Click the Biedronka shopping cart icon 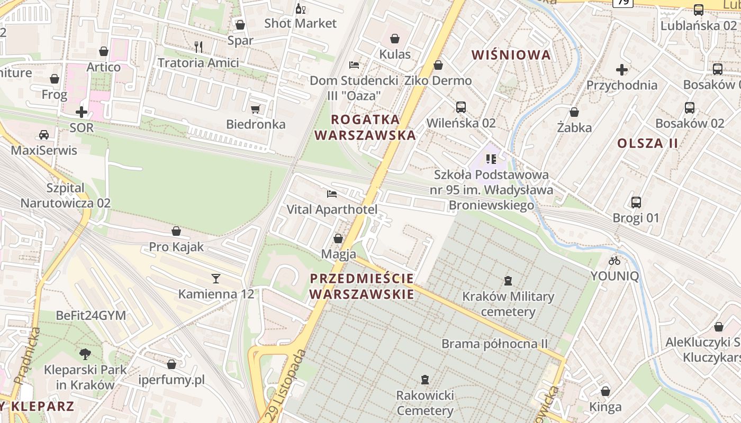pyautogui.click(x=256, y=109)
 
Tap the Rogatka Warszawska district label pyautogui.click(x=365, y=127)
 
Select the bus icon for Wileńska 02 pyautogui.click(x=461, y=107)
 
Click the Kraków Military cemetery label pyautogui.click(x=508, y=304)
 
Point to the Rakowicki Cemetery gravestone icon pyautogui.click(x=424, y=379)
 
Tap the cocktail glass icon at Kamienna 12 pyautogui.click(x=215, y=278)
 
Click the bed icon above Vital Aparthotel pyautogui.click(x=332, y=194)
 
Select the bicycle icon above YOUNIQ pyautogui.click(x=615, y=260)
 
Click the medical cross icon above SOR pyautogui.click(x=82, y=112)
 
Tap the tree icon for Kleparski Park pyautogui.click(x=85, y=354)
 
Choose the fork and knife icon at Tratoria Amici pyautogui.click(x=198, y=47)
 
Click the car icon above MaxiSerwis pyautogui.click(x=44, y=134)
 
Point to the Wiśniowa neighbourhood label pyautogui.click(x=511, y=55)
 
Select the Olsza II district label pyautogui.click(x=647, y=143)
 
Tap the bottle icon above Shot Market pyautogui.click(x=301, y=8)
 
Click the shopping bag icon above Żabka pyautogui.click(x=574, y=112)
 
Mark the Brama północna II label pyautogui.click(x=494, y=344)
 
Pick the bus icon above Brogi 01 pyautogui.click(x=636, y=202)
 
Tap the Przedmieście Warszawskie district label pyautogui.click(x=362, y=286)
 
